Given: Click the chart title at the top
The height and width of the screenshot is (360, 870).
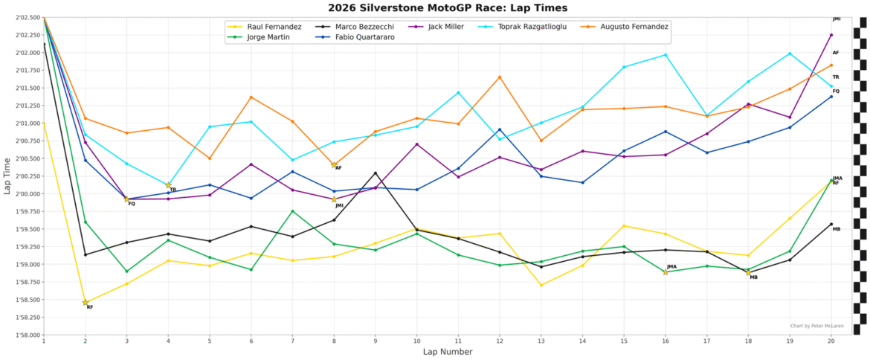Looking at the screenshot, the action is click(x=447, y=7).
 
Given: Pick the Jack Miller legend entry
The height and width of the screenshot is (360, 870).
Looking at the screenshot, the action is click(x=440, y=27).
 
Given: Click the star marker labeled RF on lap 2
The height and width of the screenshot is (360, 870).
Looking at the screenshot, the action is click(x=86, y=302).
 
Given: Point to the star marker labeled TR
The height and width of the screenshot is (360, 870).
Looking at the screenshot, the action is click(x=168, y=184).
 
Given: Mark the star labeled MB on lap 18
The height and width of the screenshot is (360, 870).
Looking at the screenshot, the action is click(x=748, y=272).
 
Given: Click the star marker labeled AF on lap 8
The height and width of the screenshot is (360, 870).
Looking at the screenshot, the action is click(x=334, y=164).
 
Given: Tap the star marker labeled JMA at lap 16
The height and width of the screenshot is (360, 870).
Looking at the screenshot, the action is click(x=666, y=271).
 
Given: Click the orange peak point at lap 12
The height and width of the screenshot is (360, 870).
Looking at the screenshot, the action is click(x=500, y=77).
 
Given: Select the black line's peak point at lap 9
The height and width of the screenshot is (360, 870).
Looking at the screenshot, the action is click(x=376, y=173).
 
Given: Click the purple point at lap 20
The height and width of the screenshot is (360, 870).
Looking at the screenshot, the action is click(x=831, y=35).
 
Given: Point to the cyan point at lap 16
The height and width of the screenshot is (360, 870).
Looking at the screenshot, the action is click(x=666, y=55).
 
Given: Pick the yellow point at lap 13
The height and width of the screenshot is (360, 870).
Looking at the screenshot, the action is click(x=541, y=285).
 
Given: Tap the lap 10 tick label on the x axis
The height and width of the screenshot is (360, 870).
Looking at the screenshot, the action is click(x=416, y=340).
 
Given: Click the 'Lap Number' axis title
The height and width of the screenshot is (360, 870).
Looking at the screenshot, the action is click(x=447, y=352).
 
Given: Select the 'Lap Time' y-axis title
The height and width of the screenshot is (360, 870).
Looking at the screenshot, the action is click(x=7, y=176).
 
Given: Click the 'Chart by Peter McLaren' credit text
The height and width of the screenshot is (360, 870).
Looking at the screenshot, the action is click(x=816, y=327).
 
